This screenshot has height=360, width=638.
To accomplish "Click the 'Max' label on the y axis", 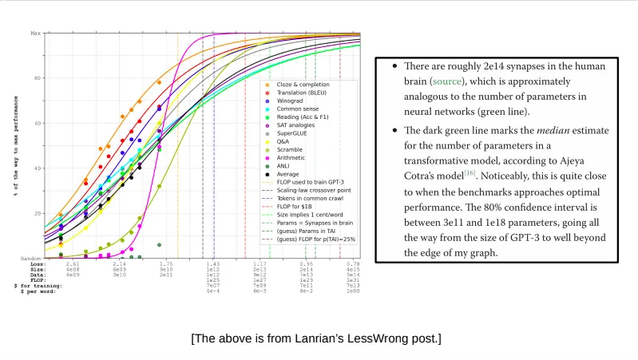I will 35,34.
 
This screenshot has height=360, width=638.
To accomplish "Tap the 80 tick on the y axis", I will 37,78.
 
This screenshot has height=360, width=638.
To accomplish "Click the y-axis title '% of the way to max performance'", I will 15,146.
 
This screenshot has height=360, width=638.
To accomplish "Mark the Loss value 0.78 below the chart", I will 353,263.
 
